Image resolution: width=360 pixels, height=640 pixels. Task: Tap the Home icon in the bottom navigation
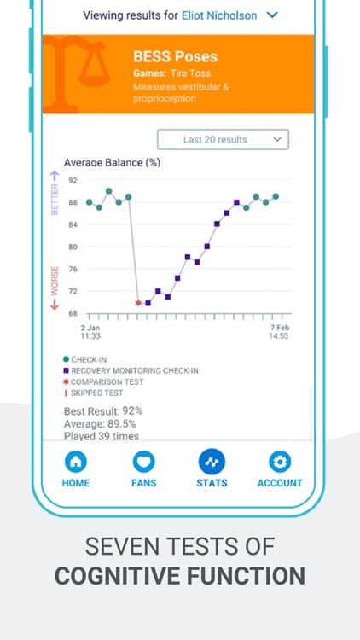coord(76,463)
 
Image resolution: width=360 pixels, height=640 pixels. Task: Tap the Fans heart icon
coord(143,463)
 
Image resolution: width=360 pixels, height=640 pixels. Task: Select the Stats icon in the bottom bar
coord(212,462)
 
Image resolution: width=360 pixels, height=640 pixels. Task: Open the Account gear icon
coord(280,463)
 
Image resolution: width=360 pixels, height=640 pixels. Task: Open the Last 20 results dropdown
coord(223,140)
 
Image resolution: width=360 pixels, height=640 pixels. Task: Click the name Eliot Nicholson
coord(218,15)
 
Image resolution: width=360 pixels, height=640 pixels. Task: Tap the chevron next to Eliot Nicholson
coord(272,15)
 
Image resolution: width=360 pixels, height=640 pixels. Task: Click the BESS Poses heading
coord(175,56)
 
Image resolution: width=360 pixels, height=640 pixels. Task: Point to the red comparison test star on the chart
coord(138,303)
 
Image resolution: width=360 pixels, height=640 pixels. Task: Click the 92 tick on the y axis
coord(73,180)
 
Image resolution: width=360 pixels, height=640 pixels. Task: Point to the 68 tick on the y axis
coord(73,313)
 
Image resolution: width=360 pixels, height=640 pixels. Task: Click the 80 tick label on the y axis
coord(73,247)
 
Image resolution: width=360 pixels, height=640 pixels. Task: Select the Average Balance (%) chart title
coord(112,162)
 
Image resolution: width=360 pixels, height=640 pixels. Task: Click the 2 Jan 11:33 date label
coord(91,332)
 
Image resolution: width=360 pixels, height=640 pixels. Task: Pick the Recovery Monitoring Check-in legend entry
coord(135,370)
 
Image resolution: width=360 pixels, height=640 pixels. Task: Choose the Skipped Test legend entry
coord(96,393)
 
